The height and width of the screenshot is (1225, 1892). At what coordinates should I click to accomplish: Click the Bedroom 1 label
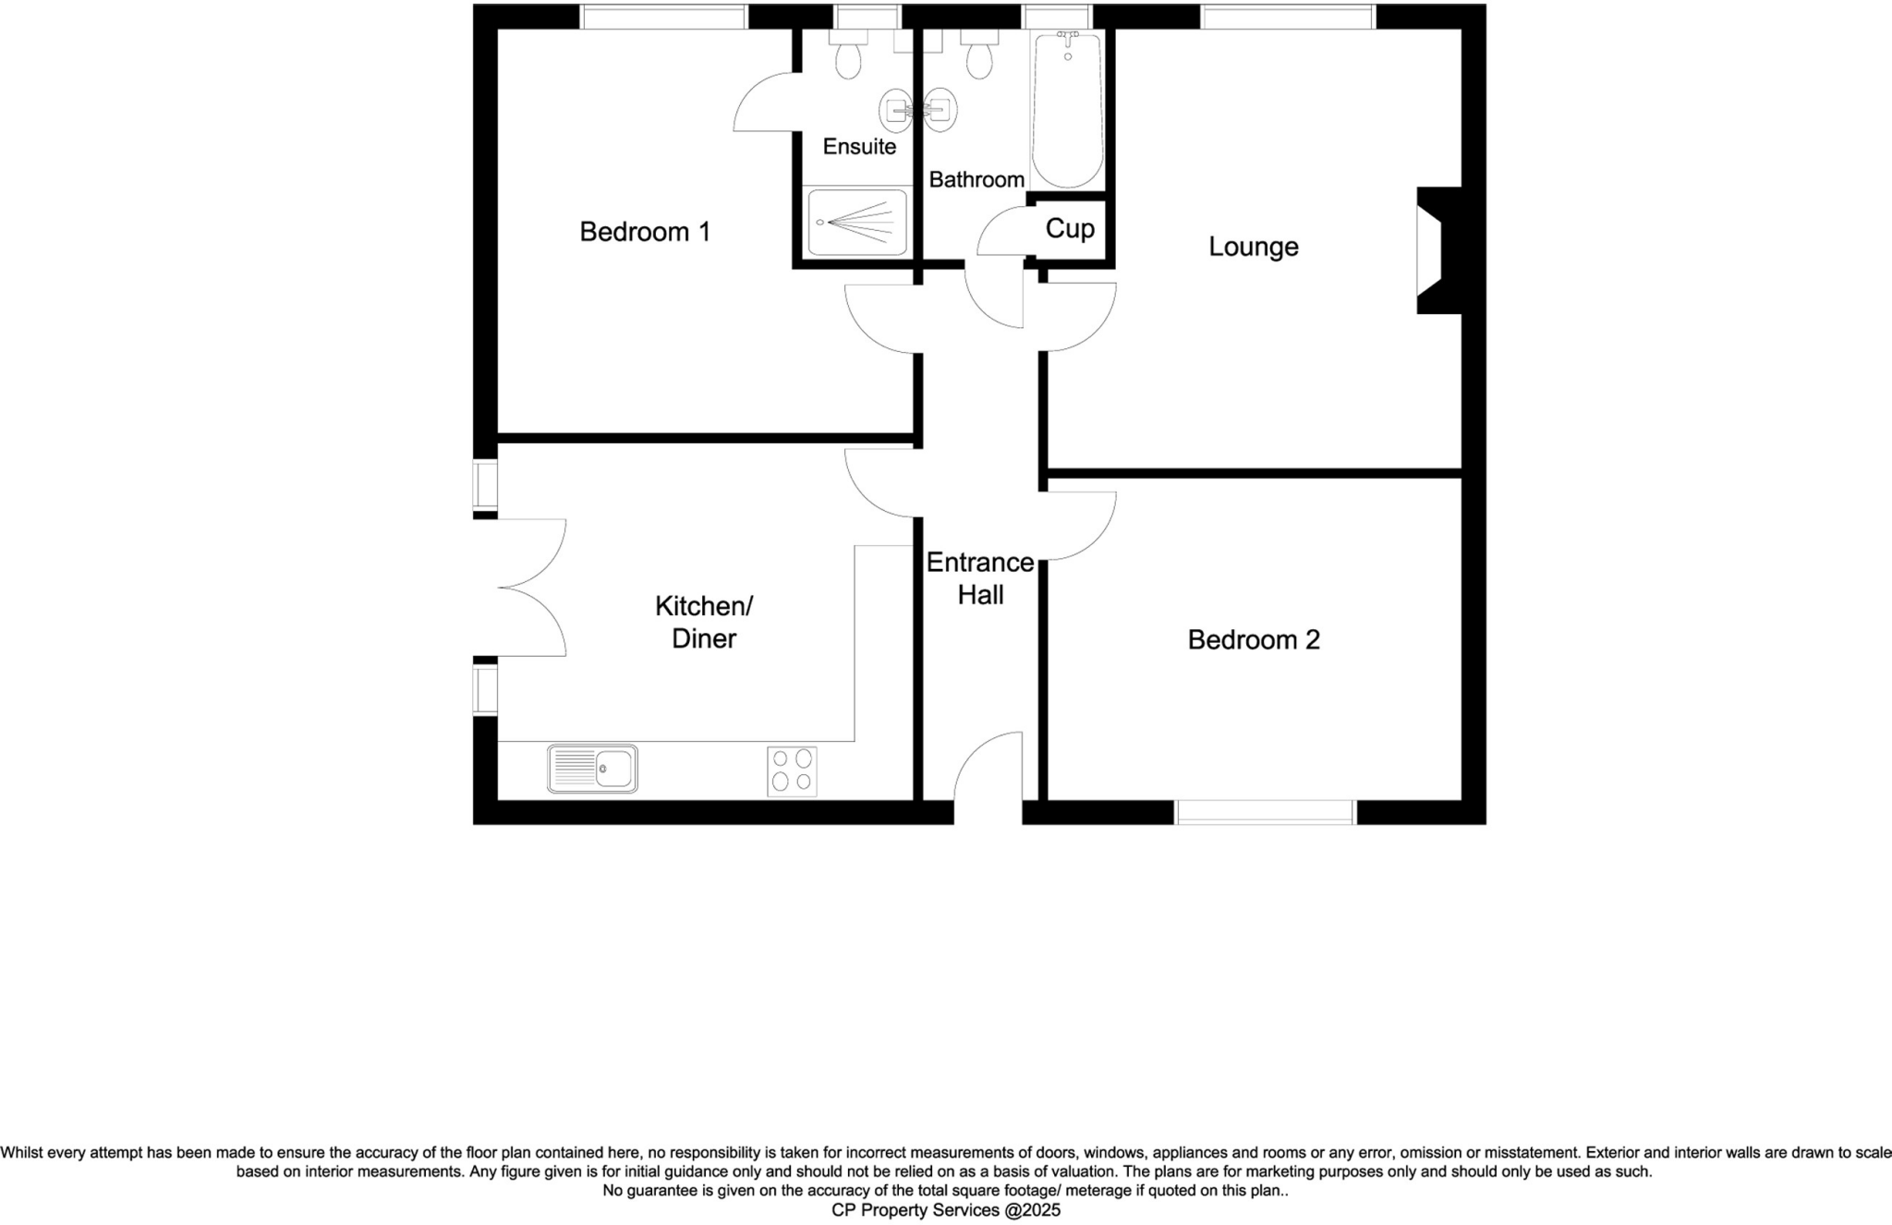click(645, 232)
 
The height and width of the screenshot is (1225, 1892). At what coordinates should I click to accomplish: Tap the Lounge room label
click(1254, 247)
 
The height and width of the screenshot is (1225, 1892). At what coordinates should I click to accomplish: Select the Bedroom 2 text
click(1254, 639)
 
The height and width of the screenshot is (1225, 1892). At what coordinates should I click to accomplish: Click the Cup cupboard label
click(1070, 228)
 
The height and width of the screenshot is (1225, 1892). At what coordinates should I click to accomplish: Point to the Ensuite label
click(859, 146)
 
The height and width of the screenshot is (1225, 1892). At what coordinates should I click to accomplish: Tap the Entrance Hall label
click(980, 578)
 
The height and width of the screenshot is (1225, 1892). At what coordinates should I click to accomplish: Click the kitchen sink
click(592, 769)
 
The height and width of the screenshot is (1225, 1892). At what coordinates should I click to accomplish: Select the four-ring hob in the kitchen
click(792, 770)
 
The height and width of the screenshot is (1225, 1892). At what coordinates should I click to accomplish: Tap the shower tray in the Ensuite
click(857, 223)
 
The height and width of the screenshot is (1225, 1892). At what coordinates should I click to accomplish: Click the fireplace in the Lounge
click(1437, 250)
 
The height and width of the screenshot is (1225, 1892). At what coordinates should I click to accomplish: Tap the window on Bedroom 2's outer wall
click(1265, 812)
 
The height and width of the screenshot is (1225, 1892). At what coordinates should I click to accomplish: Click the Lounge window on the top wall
click(1288, 17)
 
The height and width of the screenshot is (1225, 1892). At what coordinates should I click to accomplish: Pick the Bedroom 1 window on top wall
click(663, 17)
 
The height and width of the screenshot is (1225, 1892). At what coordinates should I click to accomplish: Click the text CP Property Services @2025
click(946, 1210)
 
